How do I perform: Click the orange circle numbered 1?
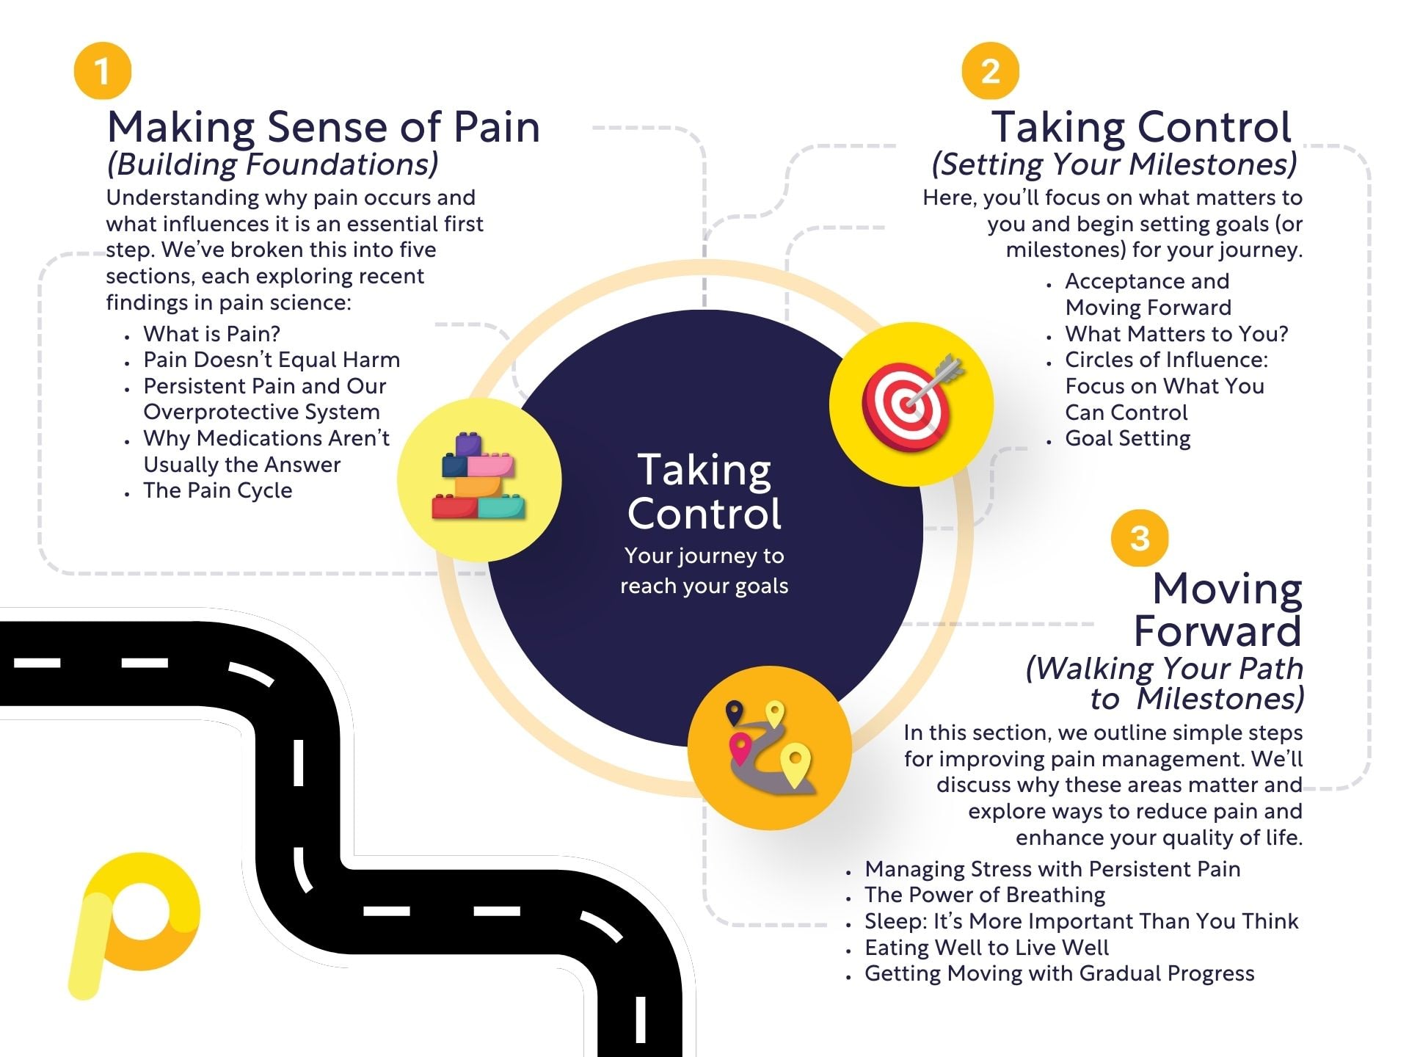tap(103, 71)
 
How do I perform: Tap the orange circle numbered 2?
tap(991, 71)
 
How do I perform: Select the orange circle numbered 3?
tap(1140, 538)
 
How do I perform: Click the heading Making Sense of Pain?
tap(324, 128)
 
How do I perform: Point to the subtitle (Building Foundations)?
tap(272, 164)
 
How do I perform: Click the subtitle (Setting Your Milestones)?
tap(1114, 164)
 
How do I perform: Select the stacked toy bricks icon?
tap(478, 477)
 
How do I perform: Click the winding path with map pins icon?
tap(771, 747)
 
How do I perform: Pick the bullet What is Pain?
tap(212, 334)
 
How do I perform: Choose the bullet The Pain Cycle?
tap(218, 490)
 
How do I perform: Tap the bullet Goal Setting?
tap(1128, 438)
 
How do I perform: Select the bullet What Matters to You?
tap(1176, 334)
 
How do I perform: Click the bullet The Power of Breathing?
tap(985, 895)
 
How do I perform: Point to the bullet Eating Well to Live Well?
tap(986, 948)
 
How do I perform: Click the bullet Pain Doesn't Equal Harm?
tap(272, 360)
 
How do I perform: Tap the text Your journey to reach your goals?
tap(704, 570)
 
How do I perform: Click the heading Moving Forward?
tap(1218, 609)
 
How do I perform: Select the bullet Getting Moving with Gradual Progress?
tap(1060, 973)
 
